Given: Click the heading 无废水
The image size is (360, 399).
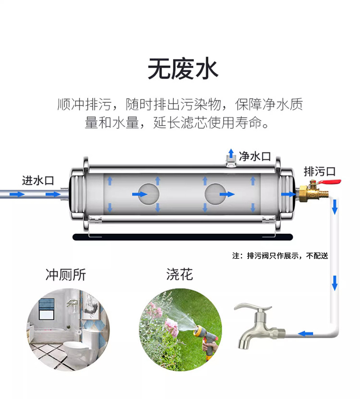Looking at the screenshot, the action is click(x=183, y=69).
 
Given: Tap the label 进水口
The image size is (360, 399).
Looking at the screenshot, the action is click(x=38, y=181).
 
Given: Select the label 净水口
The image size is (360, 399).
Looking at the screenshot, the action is click(x=255, y=156).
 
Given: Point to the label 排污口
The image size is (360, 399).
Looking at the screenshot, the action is click(x=319, y=172).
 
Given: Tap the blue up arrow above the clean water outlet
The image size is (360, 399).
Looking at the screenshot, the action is click(x=231, y=151).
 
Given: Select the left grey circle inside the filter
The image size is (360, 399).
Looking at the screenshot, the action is click(x=148, y=194).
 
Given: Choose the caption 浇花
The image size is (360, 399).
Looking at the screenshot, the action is click(x=180, y=275).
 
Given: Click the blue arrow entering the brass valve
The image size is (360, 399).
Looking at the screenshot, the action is click(x=287, y=194).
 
